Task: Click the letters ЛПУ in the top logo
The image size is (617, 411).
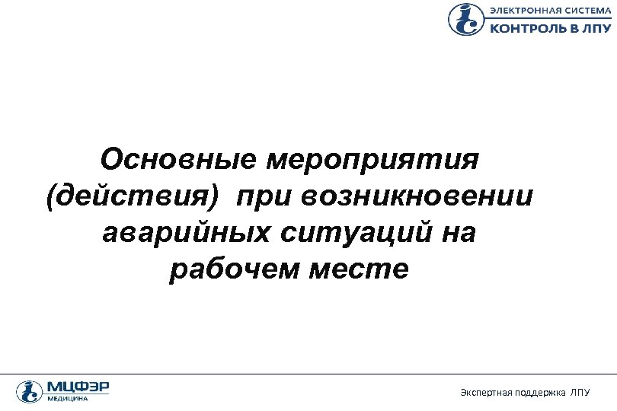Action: (596, 28)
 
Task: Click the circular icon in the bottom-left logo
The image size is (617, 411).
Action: (29, 391)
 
